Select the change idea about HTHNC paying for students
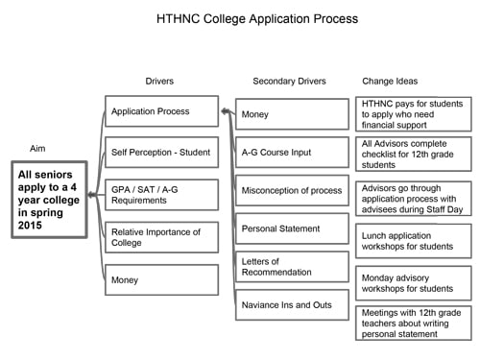pos(414,112)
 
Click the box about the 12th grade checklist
pos(414,155)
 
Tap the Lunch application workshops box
pos(414,240)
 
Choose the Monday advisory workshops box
pos(414,282)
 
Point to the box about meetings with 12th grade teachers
pos(414,324)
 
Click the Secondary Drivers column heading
pos(290,81)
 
